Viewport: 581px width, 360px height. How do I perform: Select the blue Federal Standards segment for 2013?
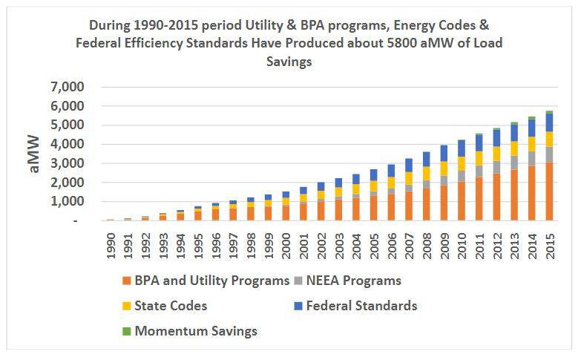pyautogui.click(x=513, y=132)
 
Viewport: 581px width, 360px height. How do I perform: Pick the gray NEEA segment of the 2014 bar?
pyautogui.click(x=531, y=158)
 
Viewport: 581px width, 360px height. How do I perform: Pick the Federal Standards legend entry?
pyautogui.click(x=364, y=306)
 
